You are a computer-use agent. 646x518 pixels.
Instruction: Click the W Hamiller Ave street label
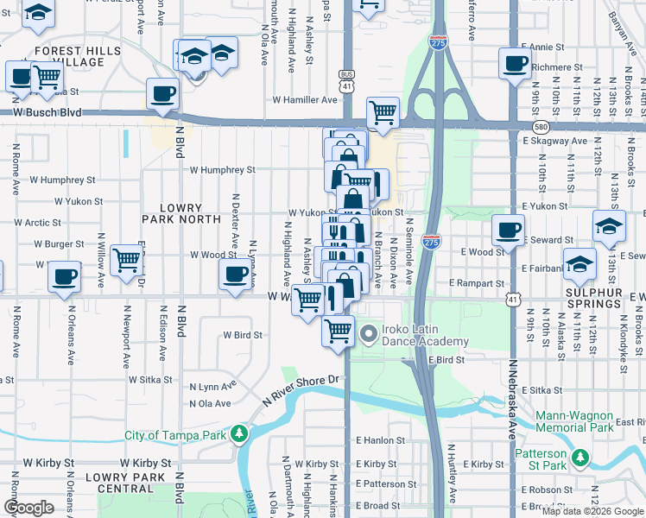click(305, 100)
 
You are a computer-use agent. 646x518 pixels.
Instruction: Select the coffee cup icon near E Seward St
click(508, 230)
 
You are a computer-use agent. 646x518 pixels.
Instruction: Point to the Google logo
click(28, 508)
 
